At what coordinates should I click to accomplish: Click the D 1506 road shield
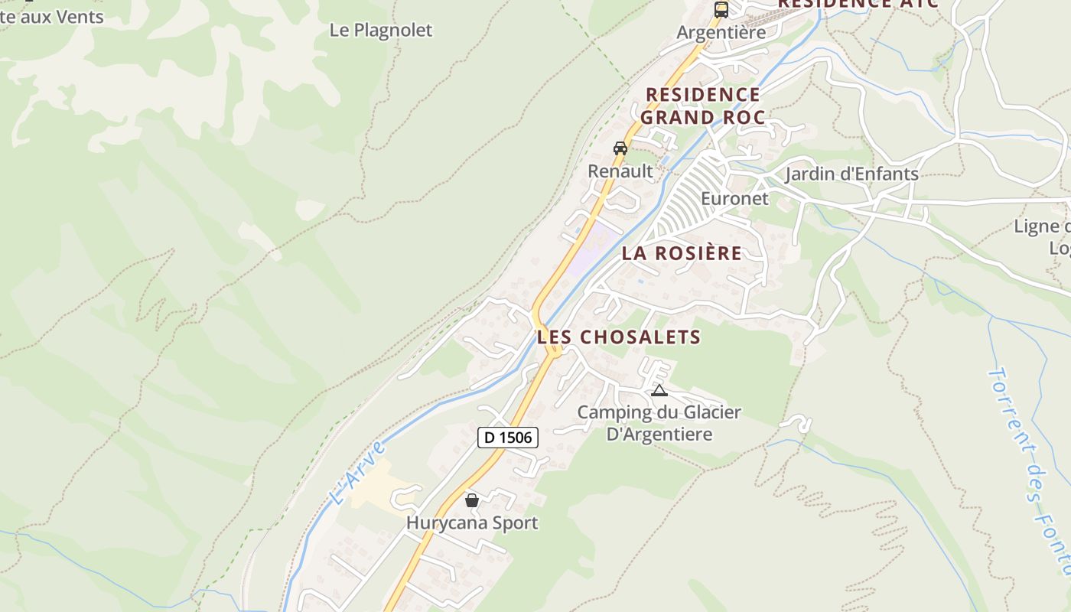coord(508,438)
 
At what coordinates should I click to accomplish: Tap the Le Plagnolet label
coord(381,31)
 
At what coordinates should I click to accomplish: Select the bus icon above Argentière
coord(721,10)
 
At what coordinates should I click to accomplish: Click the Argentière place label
coord(721,33)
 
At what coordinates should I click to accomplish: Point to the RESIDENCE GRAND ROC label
coord(702,106)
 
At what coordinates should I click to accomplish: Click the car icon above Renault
coord(620,148)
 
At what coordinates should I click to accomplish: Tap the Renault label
coord(620,171)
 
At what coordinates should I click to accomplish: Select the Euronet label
coord(734,199)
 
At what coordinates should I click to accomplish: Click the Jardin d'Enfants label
coord(851,174)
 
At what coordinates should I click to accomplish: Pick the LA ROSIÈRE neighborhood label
coord(682,253)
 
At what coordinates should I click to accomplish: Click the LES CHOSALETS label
coord(619,337)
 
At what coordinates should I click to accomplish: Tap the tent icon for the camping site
coord(659,391)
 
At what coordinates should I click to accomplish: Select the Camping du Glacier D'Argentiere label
coord(659,424)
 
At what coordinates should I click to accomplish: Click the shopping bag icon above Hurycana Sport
coord(472,500)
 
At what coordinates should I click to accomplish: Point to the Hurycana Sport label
coord(472,523)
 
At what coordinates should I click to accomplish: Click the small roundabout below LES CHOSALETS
coord(553,351)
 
